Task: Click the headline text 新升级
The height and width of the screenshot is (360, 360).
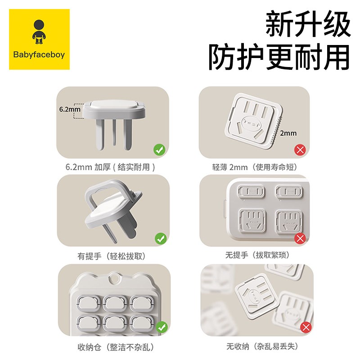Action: pos(307,25)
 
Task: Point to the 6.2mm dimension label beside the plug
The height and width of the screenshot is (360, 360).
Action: pos(69,109)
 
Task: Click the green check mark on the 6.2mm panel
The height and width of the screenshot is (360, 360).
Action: pos(159,149)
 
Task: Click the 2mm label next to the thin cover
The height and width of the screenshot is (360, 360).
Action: pos(288,133)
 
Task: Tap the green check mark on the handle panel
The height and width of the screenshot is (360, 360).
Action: pos(159,238)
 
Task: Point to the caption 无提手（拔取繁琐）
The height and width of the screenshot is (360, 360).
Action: pos(254,256)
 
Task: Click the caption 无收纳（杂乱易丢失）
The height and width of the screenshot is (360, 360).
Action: pos(254,347)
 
